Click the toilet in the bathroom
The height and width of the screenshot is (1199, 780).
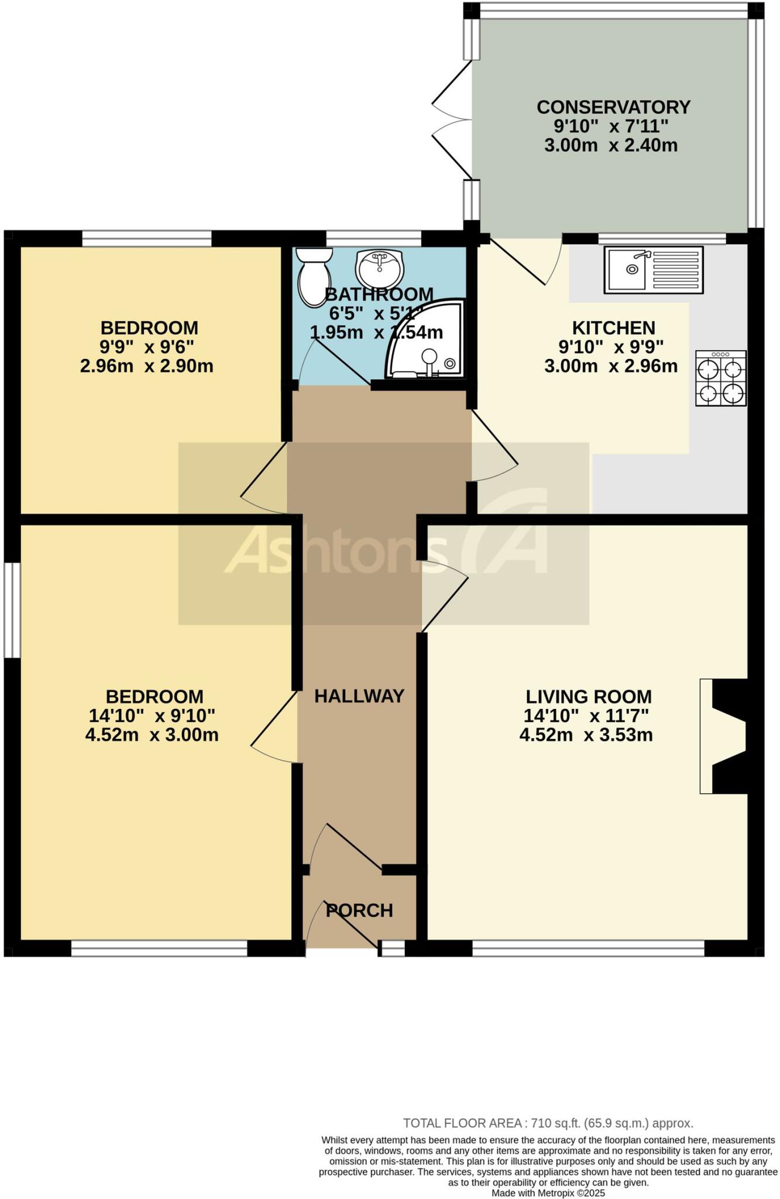(x=314, y=276)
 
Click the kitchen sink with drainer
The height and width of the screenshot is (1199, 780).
(x=654, y=270)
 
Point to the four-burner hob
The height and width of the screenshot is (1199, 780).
(x=720, y=378)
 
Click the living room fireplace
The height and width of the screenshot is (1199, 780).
(x=726, y=736)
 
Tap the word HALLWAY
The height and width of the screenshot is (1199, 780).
(x=359, y=696)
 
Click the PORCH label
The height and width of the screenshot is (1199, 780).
(x=359, y=910)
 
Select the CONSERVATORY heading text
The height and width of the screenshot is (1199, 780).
(x=613, y=107)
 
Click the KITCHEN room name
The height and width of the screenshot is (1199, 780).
(x=613, y=328)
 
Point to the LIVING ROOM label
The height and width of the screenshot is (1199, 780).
(x=588, y=697)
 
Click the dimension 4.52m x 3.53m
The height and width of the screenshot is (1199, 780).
(x=586, y=735)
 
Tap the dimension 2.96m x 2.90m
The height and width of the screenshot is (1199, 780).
(x=146, y=366)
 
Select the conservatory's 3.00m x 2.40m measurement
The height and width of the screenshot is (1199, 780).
(x=610, y=145)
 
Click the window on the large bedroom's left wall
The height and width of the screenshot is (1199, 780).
(x=12, y=610)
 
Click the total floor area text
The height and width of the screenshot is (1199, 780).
(x=548, y=1123)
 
